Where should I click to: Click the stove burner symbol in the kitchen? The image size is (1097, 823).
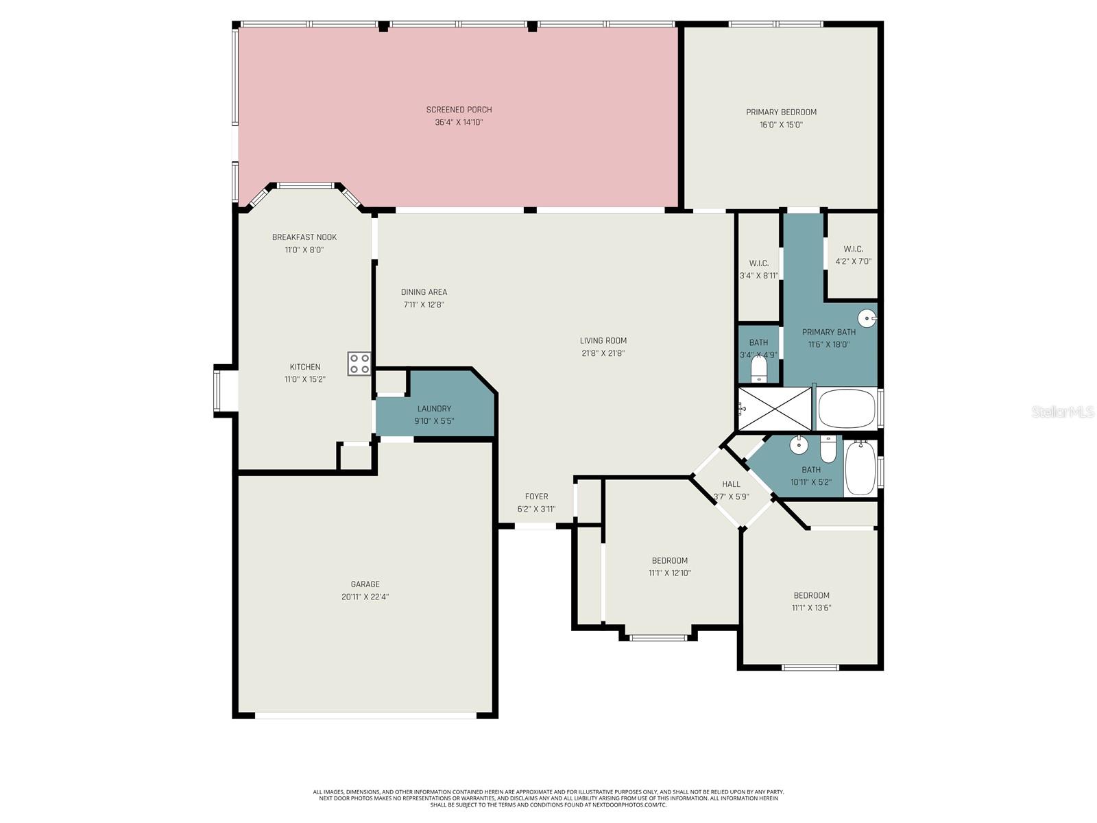click(359, 363)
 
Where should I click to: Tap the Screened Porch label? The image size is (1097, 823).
click(459, 110)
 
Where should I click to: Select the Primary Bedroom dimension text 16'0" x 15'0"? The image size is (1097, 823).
click(781, 125)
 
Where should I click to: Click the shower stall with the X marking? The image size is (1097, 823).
click(775, 409)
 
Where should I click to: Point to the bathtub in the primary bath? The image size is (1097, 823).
click(847, 409)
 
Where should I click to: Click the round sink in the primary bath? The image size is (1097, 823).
click(867, 318)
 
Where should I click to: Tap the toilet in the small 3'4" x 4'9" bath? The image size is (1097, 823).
click(758, 370)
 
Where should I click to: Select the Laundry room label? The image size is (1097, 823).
click(434, 409)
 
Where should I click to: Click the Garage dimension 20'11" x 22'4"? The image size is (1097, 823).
click(365, 597)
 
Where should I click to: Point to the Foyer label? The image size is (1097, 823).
click(536, 497)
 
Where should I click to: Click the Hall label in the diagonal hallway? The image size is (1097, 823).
click(731, 484)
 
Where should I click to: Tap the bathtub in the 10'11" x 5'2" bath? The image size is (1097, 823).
click(860, 468)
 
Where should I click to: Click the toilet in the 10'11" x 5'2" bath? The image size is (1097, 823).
click(828, 449)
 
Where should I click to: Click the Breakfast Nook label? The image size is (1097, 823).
click(304, 237)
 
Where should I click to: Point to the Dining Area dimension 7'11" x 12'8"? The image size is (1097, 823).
click(424, 305)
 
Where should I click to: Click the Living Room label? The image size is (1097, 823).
click(603, 341)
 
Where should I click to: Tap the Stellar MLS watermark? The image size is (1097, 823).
click(1062, 412)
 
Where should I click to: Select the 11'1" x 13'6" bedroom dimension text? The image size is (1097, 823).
click(811, 608)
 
